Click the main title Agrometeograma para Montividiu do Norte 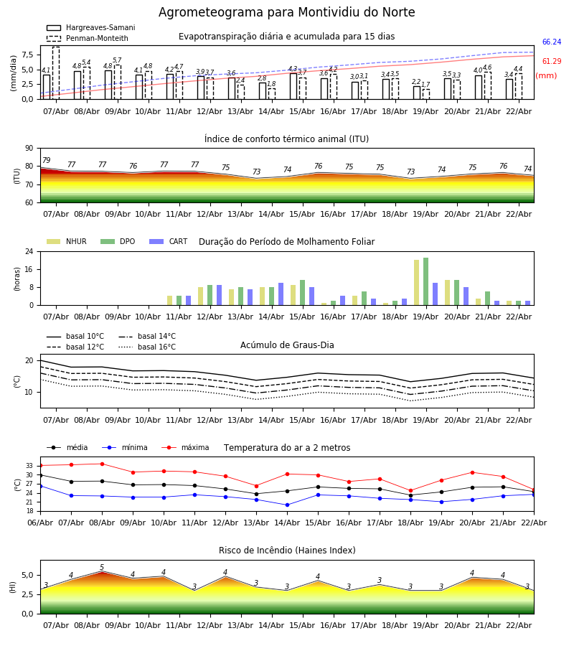tap(286, 13)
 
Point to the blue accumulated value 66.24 tap(551, 42)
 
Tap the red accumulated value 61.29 tap(551, 62)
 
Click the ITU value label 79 tap(46, 161)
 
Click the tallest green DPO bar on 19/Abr tap(425, 281)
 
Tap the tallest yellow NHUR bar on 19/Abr tap(416, 282)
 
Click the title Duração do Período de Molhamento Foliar tap(286, 242)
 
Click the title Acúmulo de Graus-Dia tap(287, 345)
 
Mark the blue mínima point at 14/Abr tap(287, 505)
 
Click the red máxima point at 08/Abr tap(102, 464)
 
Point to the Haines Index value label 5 tap(102, 568)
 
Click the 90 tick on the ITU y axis tap(29, 149)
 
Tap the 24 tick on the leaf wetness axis tap(29, 252)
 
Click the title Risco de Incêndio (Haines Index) tap(287, 551)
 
